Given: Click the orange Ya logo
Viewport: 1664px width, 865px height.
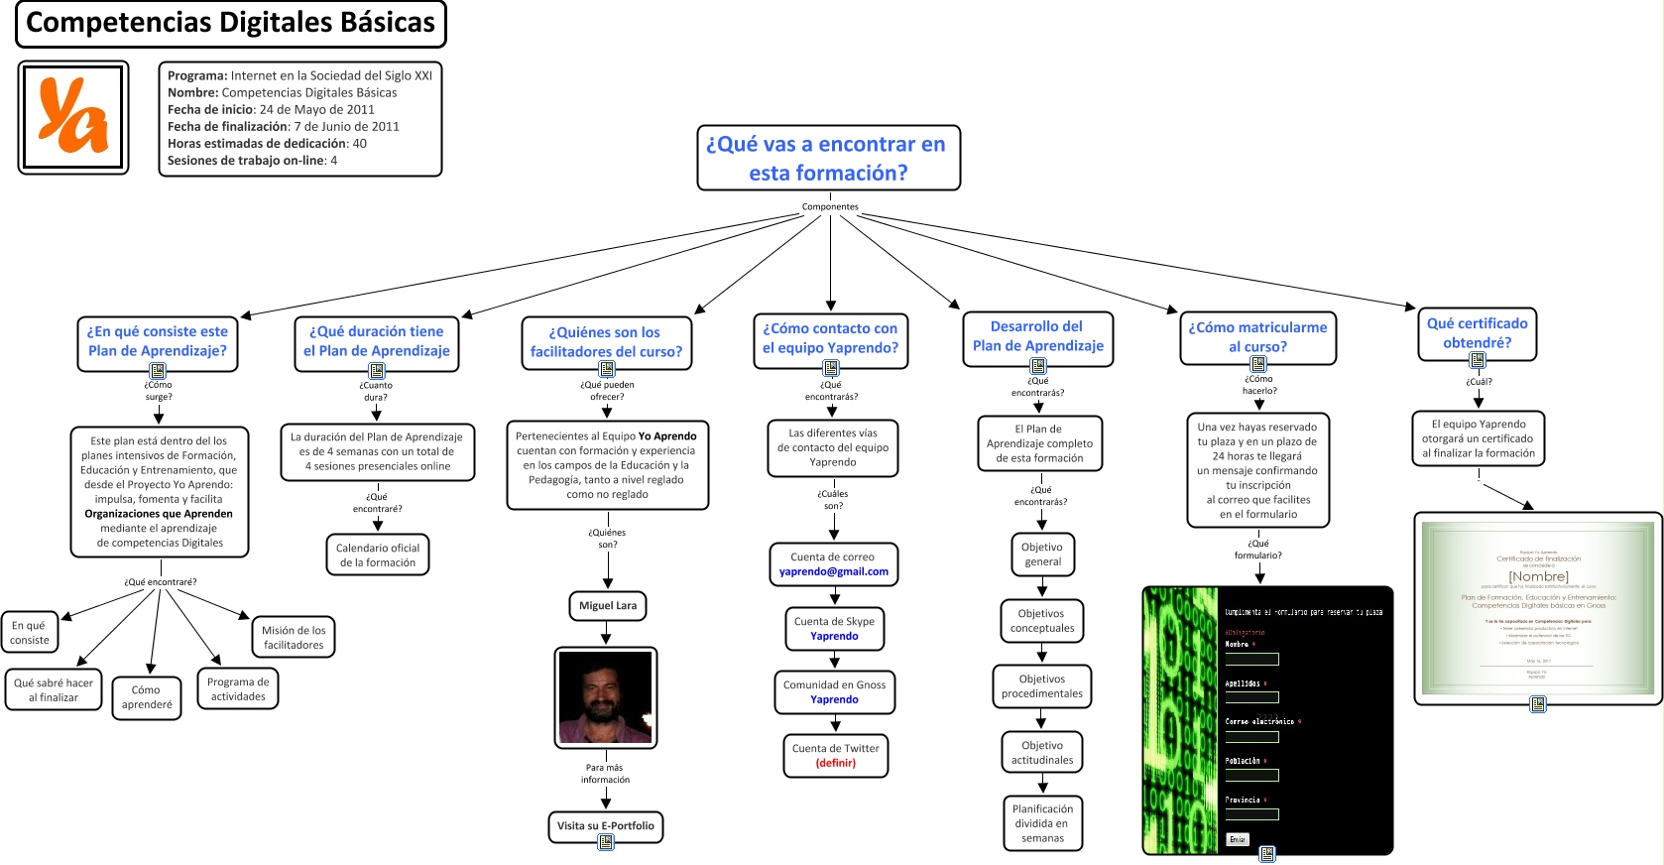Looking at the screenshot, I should (72, 117).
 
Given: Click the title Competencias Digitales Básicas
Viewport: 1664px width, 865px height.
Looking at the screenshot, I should (230, 23).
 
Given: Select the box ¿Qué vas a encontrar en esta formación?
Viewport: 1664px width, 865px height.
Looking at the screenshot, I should (828, 158).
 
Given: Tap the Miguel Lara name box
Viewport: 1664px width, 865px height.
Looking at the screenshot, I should (608, 605).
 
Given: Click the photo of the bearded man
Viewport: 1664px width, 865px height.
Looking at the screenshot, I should (605, 696).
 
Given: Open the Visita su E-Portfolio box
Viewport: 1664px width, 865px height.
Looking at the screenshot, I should (605, 825).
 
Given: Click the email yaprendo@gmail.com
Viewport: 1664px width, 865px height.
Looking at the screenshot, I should (833, 571).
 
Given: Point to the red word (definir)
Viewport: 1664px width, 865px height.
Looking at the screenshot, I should (835, 763).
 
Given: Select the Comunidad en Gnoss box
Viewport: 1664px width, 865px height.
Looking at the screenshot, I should (834, 691).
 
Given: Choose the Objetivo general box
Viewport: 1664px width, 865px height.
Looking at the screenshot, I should (1041, 554).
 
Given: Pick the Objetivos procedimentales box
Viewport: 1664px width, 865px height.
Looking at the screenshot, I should (1041, 685).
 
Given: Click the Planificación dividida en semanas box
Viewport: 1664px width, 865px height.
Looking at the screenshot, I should (1042, 822).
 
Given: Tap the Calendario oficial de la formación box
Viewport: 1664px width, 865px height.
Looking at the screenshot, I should (377, 555).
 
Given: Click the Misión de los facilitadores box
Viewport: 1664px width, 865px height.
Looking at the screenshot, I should (294, 637).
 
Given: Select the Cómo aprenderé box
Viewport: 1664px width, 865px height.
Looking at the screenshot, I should (147, 696).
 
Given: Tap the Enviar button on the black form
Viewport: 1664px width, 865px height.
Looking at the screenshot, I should (1237, 839).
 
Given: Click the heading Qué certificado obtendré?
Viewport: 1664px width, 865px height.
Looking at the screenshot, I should (1477, 333).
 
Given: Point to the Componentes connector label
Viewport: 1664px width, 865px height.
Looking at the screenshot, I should (830, 207).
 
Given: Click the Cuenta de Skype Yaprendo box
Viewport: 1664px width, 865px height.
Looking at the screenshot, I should (834, 629).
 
